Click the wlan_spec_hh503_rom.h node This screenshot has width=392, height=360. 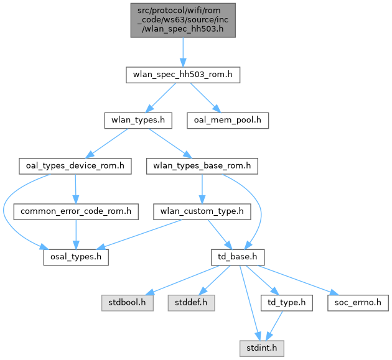pos(182,75)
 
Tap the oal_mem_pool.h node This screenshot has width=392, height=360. pos(228,121)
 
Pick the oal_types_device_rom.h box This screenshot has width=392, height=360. pos(75,166)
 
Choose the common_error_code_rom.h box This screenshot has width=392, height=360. pos(76,211)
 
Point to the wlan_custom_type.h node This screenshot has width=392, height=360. pos(202,211)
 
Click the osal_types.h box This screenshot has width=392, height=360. pos(75,257)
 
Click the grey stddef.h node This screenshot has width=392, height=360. pos(190,302)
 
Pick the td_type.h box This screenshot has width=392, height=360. pos(282,302)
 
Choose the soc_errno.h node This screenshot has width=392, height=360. pos(352,302)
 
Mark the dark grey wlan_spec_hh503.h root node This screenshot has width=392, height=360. pos(182,21)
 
